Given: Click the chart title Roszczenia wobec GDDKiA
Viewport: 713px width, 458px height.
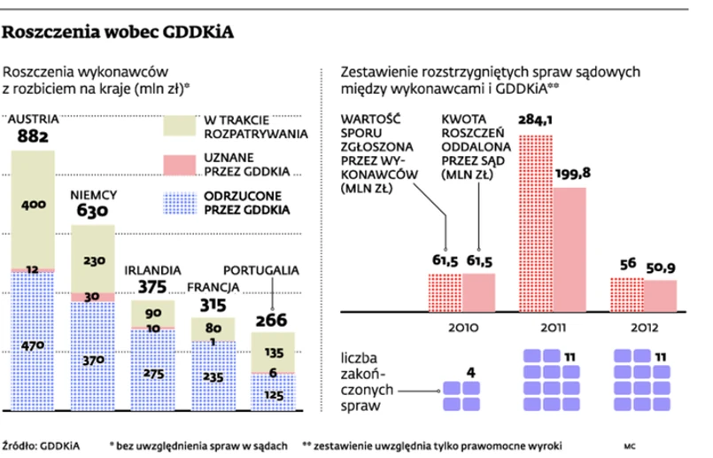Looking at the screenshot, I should click(x=120, y=35).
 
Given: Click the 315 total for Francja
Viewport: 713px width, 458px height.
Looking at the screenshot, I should click(x=211, y=304).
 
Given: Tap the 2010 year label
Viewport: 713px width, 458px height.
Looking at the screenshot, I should click(x=463, y=326).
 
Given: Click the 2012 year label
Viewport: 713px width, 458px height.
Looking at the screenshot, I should click(x=644, y=326).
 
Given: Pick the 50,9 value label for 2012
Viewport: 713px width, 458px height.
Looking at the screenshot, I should click(x=661, y=268).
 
